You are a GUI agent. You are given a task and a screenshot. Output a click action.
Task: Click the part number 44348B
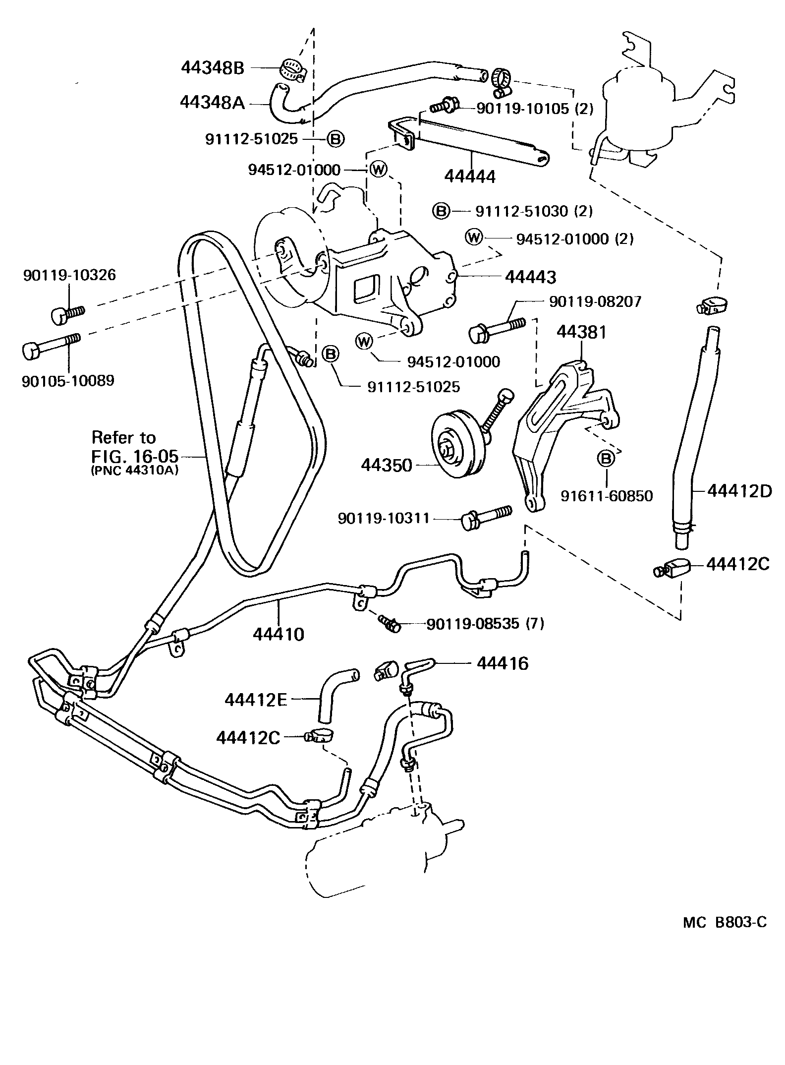(x=213, y=68)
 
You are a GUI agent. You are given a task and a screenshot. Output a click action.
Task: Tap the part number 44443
(x=530, y=277)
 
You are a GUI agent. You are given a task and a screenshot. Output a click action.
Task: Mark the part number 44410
(x=278, y=634)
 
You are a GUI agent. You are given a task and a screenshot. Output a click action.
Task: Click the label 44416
(x=503, y=663)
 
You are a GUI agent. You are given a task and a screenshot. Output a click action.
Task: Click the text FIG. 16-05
(x=135, y=455)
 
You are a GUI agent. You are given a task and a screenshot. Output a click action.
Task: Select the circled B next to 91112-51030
(x=441, y=211)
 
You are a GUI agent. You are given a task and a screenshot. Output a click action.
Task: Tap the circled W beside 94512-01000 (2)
(x=474, y=238)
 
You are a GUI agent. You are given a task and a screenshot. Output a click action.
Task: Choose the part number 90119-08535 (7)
(x=485, y=623)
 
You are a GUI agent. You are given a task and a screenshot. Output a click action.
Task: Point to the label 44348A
(x=212, y=103)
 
